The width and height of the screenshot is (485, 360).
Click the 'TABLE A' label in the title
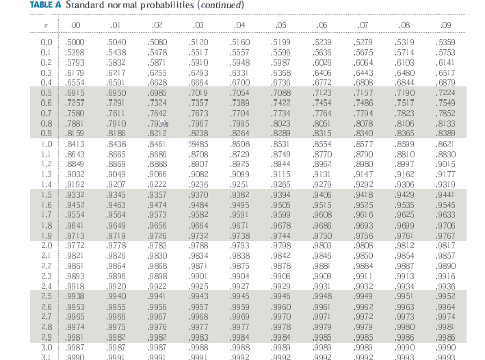click(x=45, y=5)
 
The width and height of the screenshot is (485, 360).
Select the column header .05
click(x=280, y=26)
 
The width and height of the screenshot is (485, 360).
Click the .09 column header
click(x=446, y=26)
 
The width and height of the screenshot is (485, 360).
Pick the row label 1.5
click(x=47, y=195)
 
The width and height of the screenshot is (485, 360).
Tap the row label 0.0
click(x=47, y=42)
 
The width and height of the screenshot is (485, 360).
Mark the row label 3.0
click(x=47, y=348)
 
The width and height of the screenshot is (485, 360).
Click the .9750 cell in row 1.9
click(x=322, y=235)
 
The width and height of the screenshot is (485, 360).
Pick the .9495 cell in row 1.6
click(x=239, y=205)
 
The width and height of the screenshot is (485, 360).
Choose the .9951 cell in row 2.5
click(x=406, y=296)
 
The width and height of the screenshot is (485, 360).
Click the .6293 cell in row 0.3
click(x=198, y=73)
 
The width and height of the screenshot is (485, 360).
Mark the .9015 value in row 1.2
click(x=446, y=164)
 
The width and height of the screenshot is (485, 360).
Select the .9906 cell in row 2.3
click(x=281, y=277)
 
